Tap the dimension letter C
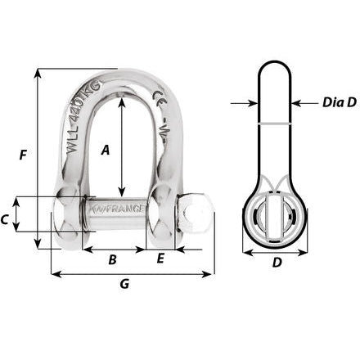[x=5, y=218]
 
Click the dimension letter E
[x=160, y=259]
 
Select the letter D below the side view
[x=277, y=263]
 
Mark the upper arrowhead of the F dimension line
[x=38, y=72]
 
